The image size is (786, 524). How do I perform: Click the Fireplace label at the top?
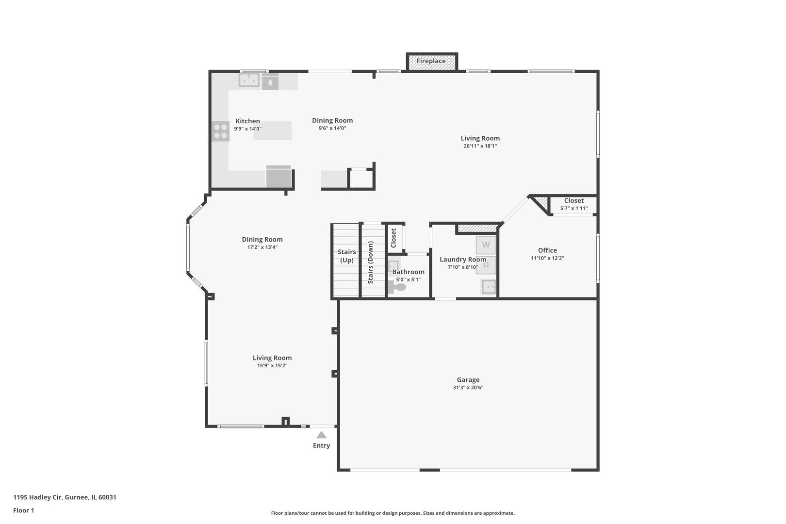431,61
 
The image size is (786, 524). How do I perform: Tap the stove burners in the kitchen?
220,131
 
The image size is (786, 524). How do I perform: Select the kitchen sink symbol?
249,80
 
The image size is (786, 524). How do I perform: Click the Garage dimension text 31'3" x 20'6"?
468,388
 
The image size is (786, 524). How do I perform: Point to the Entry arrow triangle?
321,435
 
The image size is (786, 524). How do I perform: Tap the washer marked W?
486,245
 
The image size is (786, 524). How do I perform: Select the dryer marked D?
486,265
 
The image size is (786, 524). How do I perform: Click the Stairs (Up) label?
346,256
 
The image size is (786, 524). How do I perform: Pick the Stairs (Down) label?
371,262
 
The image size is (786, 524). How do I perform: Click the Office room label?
547,250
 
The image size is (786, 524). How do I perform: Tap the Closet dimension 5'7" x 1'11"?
573,209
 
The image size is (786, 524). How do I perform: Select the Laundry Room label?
462,260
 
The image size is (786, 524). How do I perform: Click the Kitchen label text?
247,121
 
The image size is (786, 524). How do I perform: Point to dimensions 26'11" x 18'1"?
480,146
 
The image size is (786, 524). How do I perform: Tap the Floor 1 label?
23,510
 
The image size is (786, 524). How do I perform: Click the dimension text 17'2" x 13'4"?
262,247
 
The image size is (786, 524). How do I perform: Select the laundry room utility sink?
489,287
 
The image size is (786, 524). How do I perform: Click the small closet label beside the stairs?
393,238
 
